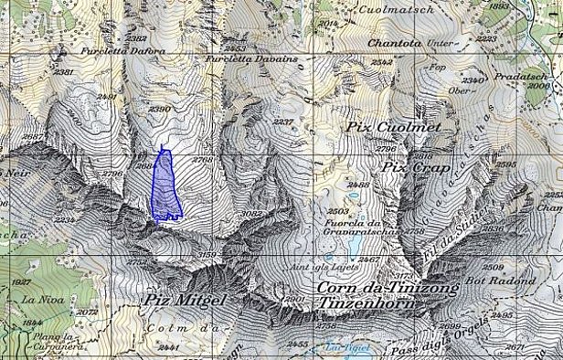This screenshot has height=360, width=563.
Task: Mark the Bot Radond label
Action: click(x=509, y=281)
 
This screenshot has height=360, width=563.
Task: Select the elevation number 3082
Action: click(x=250, y=214)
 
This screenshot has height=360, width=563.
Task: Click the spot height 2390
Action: click(x=160, y=110)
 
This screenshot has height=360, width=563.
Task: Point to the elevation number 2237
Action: click(x=283, y=122)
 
